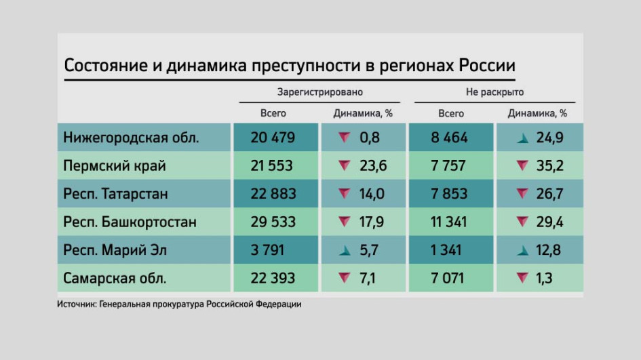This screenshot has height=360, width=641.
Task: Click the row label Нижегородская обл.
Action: click(131, 138)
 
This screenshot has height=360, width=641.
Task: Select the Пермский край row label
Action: click(115, 166)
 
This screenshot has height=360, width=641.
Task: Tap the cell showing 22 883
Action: click(273, 194)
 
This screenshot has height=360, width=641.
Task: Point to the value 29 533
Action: click(273, 222)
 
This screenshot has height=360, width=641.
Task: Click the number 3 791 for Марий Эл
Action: click(267, 250)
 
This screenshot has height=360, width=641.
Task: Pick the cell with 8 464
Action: click(449, 138)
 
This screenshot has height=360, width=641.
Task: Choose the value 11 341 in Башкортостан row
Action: click(448, 222)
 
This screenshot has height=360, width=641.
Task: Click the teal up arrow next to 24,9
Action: click(523, 138)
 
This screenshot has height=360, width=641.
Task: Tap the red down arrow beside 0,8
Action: click(345, 138)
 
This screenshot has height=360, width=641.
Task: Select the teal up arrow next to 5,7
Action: click(345, 250)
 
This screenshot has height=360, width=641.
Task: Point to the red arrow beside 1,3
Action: click(522, 278)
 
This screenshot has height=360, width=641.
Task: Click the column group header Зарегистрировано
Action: click(319, 92)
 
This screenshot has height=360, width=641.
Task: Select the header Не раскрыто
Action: click(494, 92)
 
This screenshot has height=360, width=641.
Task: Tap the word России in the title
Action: click(487, 65)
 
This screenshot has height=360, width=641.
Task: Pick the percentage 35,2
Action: click(550, 166)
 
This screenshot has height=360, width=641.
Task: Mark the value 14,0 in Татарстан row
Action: click(372, 194)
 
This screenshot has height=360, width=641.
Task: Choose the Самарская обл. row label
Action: click(115, 278)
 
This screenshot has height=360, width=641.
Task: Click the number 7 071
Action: click(447, 278)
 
